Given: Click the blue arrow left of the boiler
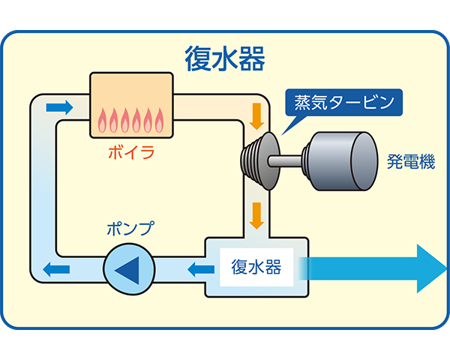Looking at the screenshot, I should pyautogui.click(x=59, y=107).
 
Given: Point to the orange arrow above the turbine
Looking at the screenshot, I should pyautogui.click(x=257, y=115).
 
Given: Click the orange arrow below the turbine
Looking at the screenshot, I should pyautogui.click(x=257, y=214).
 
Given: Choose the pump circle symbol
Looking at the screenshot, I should pyautogui.click(x=127, y=268).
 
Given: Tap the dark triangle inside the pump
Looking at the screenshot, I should pyautogui.click(x=124, y=268).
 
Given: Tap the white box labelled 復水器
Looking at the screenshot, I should pyautogui.click(x=256, y=266).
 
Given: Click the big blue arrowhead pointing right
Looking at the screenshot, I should pyautogui.click(x=427, y=268).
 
